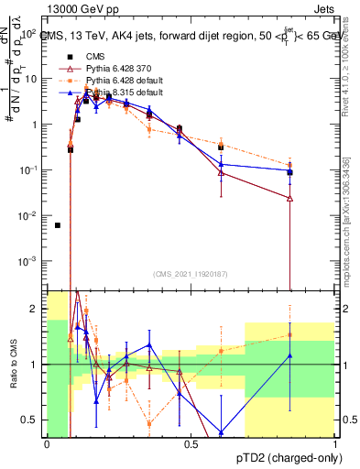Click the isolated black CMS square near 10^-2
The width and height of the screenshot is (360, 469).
pyautogui.click(x=58, y=225)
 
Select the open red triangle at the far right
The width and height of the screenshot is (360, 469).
pyautogui.click(x=290, y=198)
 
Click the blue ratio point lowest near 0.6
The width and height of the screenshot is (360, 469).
pyautogui.click(x=221, y=432)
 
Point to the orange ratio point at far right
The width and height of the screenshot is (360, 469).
pyautogui.click(x=290, y=334)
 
